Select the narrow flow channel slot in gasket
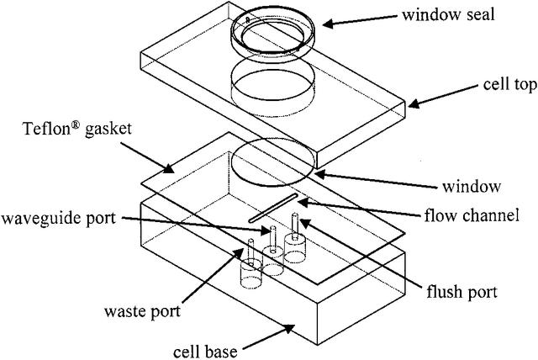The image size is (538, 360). tap(274, 208)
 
